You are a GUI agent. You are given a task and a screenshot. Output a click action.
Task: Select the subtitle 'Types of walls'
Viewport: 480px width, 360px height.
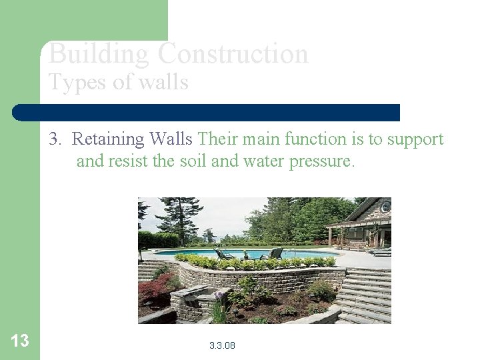click(118, 82)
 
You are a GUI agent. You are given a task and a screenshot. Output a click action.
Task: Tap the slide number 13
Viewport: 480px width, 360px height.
click(20, 341)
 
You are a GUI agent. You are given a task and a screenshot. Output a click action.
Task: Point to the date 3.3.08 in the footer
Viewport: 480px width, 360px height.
click(222, 345)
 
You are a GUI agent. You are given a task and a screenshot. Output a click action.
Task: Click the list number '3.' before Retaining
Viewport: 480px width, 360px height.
click(55, 139)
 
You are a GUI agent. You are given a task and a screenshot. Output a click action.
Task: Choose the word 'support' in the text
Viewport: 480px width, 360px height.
click(411, 139)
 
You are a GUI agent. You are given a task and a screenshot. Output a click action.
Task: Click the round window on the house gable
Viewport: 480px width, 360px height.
click(385, 207)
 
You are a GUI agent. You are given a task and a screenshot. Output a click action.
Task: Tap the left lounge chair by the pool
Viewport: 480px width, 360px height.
click(224, 254)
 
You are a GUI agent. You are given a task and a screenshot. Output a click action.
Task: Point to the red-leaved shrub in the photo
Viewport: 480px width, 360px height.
click(155, 289)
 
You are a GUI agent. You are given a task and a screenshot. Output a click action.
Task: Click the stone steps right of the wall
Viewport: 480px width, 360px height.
click(366, 293)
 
